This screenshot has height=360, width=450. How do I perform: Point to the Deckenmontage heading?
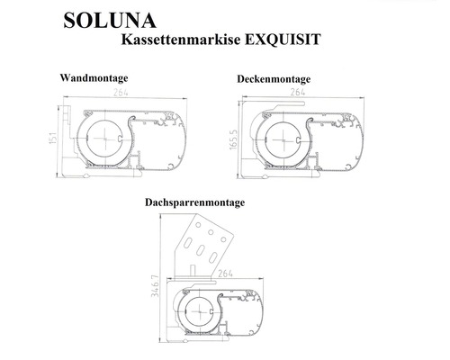click(274, 80)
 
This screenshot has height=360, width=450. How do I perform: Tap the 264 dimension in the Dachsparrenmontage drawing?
click(227, 266)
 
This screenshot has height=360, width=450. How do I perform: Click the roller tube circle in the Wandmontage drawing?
click(108, 141)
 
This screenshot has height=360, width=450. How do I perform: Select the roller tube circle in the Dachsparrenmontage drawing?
click(205, 311)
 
